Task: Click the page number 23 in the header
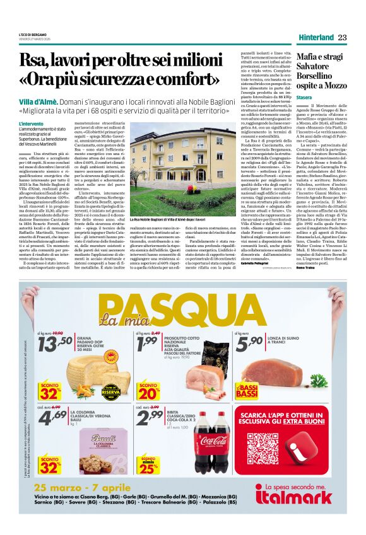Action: pyautogui.click(x=342, y=37)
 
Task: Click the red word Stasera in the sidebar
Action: pyautogui.click(x=304, y=98)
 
